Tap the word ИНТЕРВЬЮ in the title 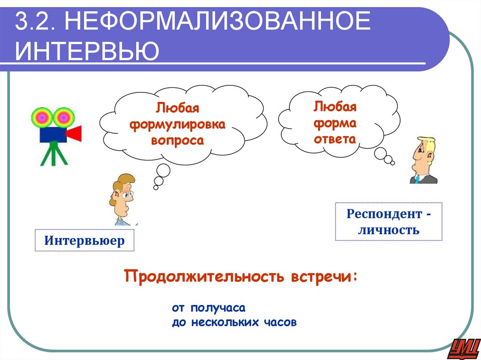click(x=86, y=51)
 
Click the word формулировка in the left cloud click(x=178, y=125)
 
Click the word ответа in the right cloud click(x=335, y=139)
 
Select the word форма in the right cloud click(x=335, y=123)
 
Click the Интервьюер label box click(x=85, y=241)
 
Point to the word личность click(x=388, y=230)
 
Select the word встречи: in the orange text click(x=323, y=276)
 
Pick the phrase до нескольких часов click(x=234, y=323)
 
